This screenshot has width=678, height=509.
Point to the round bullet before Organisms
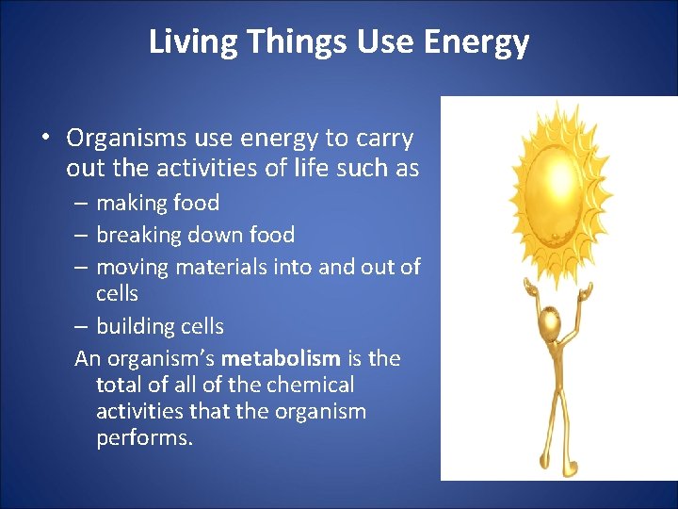pyautogui.click(x=45, y=139)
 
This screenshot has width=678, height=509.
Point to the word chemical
pyautogui.click(x=310, y=385)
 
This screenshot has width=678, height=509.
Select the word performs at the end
pyautogui.click(x=144, y=438)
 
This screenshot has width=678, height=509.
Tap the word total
pyautogui.click(x=119, y=385)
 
